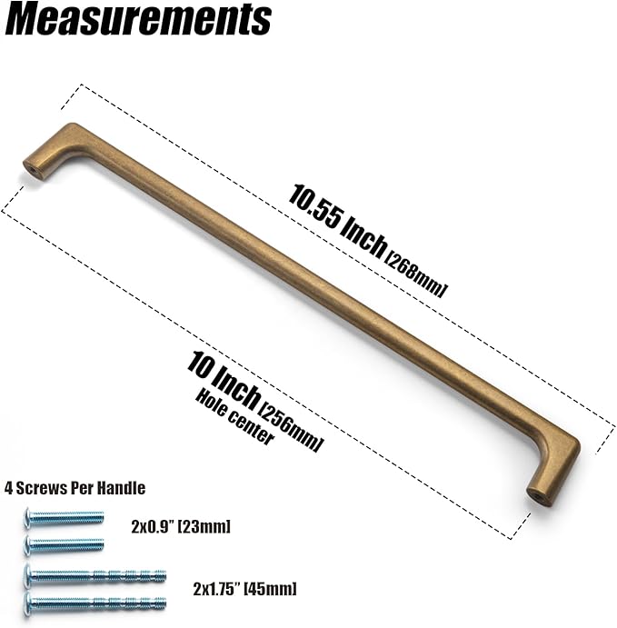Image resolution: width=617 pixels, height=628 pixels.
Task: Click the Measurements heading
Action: pos(138,20)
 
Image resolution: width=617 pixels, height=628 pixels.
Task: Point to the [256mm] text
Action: pos(290,428)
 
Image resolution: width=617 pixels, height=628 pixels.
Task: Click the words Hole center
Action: pos(234,417)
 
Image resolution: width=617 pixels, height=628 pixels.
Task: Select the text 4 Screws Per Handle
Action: pos(75,488)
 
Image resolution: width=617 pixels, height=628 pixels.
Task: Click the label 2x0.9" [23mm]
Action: pos(181,526)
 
